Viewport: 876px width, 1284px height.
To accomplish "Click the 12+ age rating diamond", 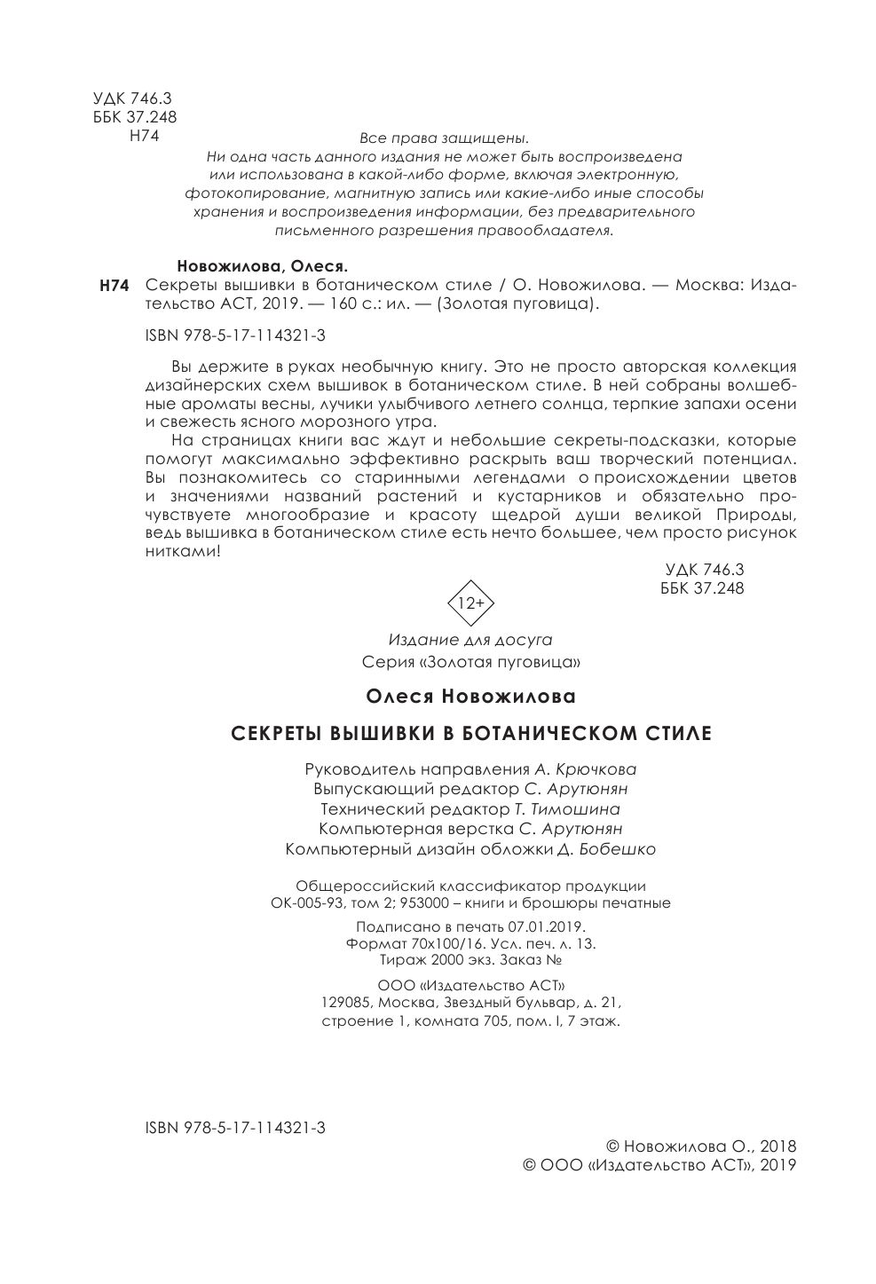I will click(x=470, y=602).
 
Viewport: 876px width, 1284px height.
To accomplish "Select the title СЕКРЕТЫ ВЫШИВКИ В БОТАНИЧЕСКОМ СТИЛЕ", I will click(x=471, y=734).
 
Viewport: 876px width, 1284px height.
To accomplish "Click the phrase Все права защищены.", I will click(x=444, y=138).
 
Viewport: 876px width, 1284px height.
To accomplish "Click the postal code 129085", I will click(x=346, y=1003).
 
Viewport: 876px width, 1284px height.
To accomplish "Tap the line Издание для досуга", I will click(x=470, y=640).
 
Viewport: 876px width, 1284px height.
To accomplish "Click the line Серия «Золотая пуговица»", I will click(x=471, y=662).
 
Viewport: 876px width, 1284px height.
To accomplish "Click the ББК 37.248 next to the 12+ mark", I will click(x=702, y=588).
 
